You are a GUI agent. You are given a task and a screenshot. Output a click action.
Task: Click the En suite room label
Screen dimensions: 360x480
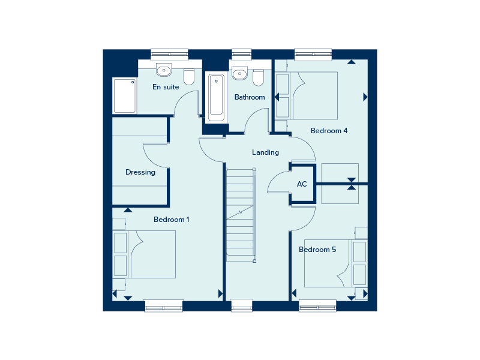166,87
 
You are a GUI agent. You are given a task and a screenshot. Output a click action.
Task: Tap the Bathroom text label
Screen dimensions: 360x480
250,97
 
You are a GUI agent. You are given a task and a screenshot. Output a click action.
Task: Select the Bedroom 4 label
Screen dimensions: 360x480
329,130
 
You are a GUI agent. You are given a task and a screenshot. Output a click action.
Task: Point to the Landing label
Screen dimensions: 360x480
265,152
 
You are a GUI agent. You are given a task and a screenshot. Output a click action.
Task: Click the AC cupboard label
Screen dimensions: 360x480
302,184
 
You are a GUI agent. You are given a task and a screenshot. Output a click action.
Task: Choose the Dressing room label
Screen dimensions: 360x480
140,172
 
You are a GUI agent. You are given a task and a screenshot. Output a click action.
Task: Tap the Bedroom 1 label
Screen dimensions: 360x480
172,220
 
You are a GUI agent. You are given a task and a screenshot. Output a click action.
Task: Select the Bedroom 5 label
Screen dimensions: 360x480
317,250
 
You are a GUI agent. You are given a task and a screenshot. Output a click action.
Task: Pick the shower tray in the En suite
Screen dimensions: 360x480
125,96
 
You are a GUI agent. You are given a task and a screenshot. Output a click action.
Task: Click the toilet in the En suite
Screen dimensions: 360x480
189,77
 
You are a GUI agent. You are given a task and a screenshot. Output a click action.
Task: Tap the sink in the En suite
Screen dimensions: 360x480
163,71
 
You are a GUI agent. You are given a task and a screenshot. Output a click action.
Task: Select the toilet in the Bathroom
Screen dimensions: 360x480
258,78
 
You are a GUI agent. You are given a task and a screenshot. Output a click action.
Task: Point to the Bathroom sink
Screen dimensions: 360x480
239,74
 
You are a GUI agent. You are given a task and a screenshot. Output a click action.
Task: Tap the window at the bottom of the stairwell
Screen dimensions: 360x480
242,305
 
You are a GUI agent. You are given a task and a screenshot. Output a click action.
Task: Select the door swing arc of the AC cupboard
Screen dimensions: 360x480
277,182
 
